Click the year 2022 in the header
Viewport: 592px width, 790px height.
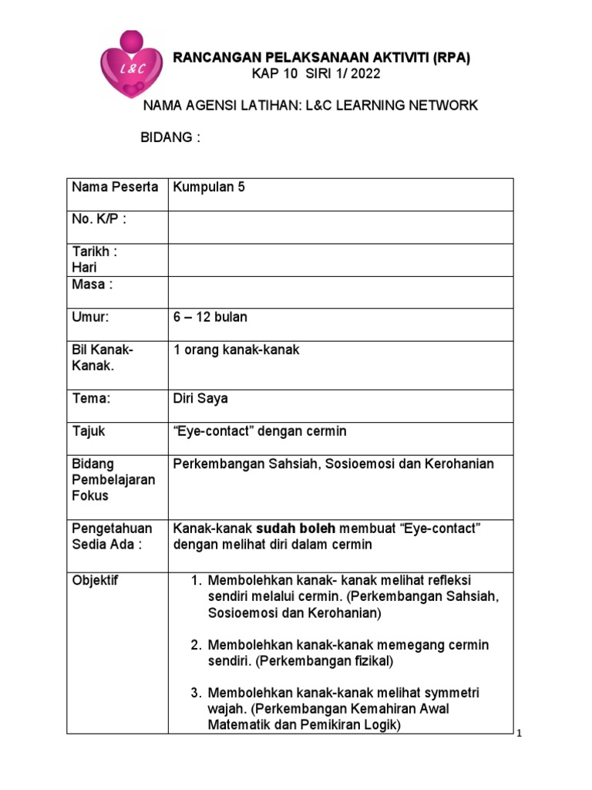click(364, 74)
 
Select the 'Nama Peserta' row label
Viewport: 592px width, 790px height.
click(115, 187)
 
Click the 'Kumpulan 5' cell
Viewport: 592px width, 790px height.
click(209, 187)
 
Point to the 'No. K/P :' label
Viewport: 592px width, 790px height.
click(99, 219)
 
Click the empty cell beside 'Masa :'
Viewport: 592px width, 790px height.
click(339, 292)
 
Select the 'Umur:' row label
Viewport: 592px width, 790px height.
click(91, 317)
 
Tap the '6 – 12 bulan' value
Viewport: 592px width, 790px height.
click(210, 317)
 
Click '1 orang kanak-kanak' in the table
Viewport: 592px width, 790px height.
click(237, 349)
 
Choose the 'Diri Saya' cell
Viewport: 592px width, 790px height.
click(200, 398)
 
